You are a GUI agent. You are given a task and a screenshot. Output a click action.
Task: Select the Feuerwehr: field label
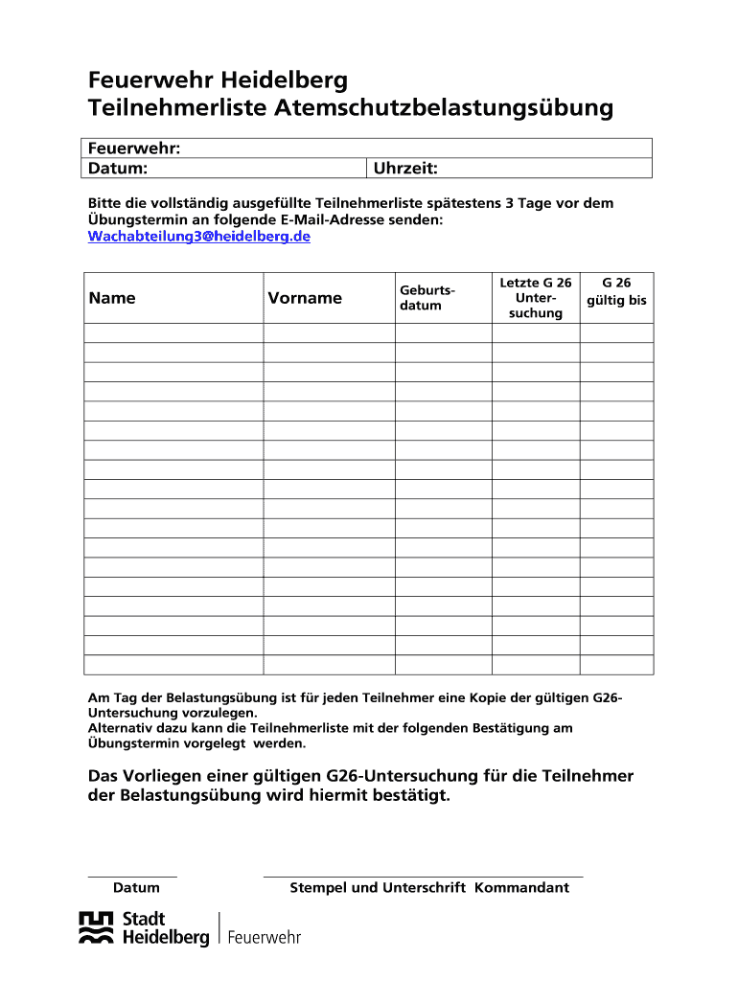(135, 148)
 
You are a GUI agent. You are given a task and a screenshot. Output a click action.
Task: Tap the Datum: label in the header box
(118, 169)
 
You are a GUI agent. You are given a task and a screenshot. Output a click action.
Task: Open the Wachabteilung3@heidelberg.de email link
(199, 236)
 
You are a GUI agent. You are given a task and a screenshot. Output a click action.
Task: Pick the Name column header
(112, 298)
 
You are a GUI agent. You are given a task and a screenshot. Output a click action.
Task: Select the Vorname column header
(305, 298)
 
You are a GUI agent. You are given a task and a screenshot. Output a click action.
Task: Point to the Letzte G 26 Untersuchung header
(536, 298)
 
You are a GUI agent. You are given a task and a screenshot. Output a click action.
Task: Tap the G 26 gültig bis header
(616, 291)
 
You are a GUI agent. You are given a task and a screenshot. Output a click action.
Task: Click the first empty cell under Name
(174, 333)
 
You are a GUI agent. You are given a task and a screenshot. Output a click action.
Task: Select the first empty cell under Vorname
(329, 333)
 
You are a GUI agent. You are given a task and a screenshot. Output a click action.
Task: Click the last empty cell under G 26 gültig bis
(616, 665)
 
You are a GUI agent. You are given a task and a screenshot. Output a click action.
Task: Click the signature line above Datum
(132, 876)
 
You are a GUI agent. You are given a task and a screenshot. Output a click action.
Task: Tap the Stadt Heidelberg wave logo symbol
(96, 929)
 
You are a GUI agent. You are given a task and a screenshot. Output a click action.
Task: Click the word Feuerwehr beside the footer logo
(264, 937)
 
